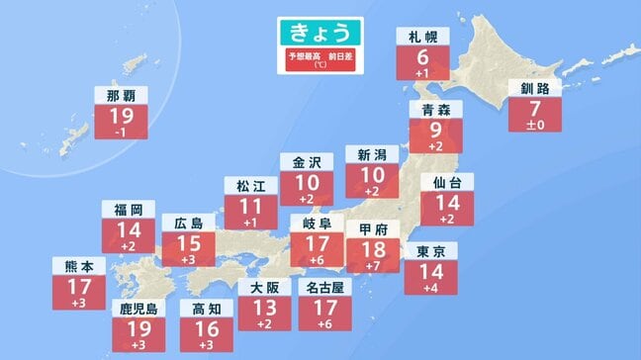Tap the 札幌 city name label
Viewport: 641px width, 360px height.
click(x=422, y=37)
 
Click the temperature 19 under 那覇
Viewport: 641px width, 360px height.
click(x=123, y=118)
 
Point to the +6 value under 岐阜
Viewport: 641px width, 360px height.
click(x=316, y=259)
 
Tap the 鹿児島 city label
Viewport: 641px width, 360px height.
click(x=137, y=308)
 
